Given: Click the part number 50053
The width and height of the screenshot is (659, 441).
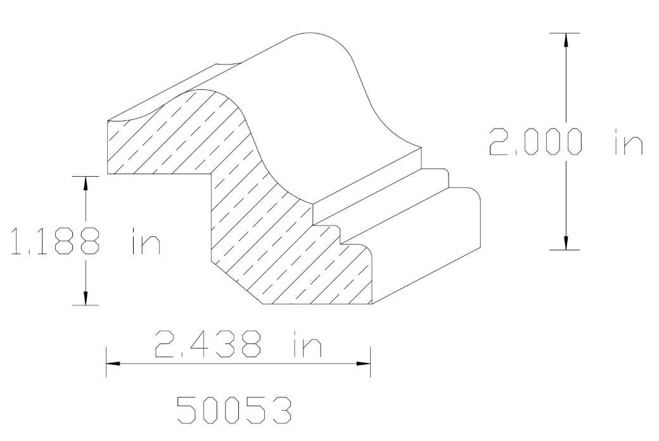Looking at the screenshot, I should point(234,411).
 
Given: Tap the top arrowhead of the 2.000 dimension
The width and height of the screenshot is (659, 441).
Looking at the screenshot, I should point(566,39).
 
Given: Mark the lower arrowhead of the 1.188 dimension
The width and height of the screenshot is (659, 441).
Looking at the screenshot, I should point(86,298).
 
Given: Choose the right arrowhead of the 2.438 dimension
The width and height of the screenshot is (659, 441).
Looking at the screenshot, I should point(363,364).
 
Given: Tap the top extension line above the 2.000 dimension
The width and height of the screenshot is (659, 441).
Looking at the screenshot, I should point(565,32).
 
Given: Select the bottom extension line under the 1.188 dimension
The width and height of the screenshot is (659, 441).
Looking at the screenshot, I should point(86,305).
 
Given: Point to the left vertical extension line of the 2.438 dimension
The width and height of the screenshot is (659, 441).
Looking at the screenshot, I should point(106,361).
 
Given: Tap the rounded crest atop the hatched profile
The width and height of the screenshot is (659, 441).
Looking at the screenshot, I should point(209,91).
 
